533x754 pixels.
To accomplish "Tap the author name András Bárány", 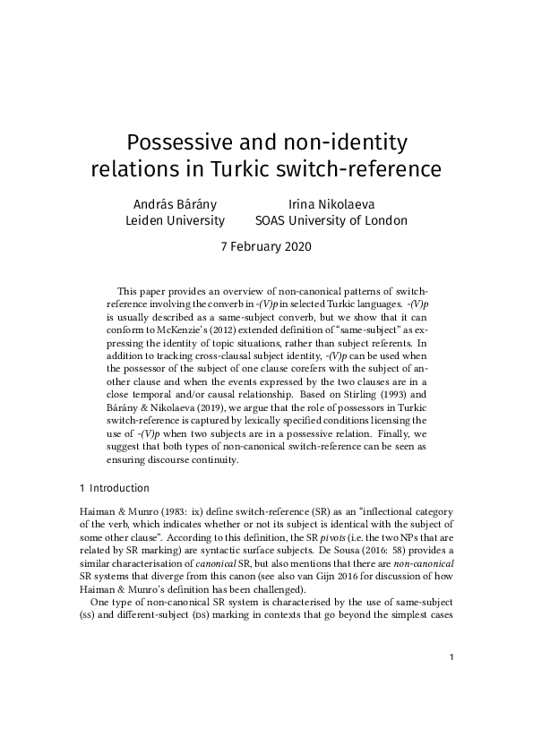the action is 175,203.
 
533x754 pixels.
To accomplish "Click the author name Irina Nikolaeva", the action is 331,203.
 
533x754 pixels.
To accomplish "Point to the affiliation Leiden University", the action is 175,220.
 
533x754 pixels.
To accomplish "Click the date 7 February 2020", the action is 266,247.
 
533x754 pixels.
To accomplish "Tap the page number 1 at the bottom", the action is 452,708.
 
